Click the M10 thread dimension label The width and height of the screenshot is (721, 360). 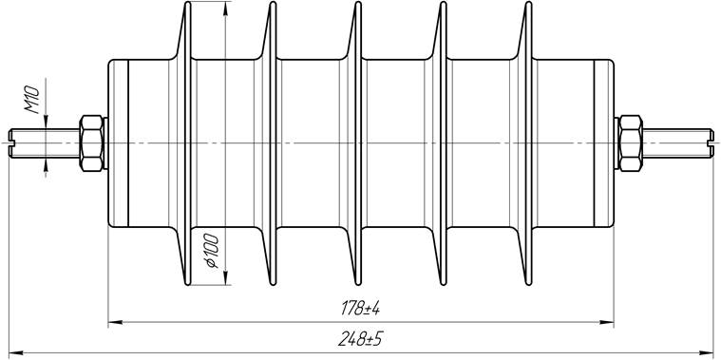pyautogui.click(x=32, y=100)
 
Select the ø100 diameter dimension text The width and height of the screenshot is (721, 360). pyautogui.click(x=212, y=251)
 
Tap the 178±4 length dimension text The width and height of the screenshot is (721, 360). pyautogui.click(x=361, y=309)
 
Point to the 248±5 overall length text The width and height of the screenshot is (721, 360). pyautogui.click(x=361, y=339)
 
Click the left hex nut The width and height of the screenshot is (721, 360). pyautogui.click(x=91, y=143)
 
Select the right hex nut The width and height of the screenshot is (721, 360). pyautogui.click(x=631, y=143)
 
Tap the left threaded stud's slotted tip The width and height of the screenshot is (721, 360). pyautogui.click(x=11, y=143)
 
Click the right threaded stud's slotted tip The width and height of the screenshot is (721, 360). pyautogui.click(x=711, y=143)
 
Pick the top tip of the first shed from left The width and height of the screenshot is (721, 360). pyautogui.click(x=187, y=3)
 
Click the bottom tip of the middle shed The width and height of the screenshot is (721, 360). pyautogui.click(x=358, y=283)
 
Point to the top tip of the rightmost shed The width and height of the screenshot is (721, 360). pyautogui.click(x=528, y=3)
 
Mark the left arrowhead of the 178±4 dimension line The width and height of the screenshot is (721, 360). pyautogui.click(x=115, y=322)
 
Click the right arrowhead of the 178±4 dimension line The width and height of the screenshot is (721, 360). pyautogui.click(x=607, y=322)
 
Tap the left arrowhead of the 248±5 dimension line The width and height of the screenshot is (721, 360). pyautogui.click(x=16, y=353)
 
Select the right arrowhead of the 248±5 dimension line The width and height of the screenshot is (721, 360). pyautogui.click(x=707, y=353)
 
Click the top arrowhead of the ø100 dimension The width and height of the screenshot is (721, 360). pyautogui.click(x=225, y=9)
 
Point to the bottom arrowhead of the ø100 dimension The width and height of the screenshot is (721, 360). pyautogui.click(x=225, y=277)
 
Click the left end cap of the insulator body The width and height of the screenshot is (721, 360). pyautogui.click(x=118, y=143)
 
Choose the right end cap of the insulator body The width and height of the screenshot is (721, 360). pyautogui.click(x=604, y=143)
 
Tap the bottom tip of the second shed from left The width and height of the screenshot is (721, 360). pyautogui.click(x=273, y=283)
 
